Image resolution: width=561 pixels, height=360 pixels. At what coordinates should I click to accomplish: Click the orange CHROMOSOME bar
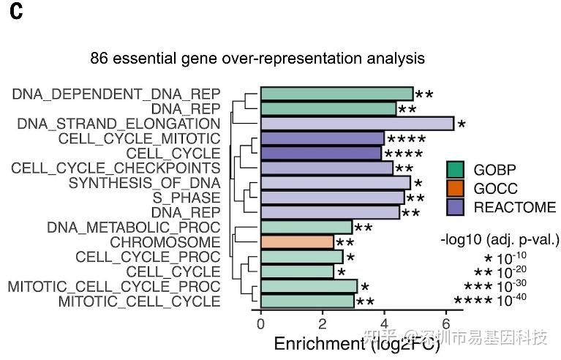(x=297, y=242)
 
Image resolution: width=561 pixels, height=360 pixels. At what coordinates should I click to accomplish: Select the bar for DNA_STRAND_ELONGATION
(x=357, y=124)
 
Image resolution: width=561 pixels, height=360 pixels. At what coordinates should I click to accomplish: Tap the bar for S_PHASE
(x=332, y=198)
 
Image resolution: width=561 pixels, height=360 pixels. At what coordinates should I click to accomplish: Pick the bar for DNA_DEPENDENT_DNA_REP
(x=336, y=94)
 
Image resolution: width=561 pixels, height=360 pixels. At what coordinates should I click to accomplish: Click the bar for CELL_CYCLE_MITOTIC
(x=323, y=138)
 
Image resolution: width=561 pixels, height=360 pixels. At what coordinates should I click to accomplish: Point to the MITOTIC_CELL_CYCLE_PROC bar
(x=309, y=286)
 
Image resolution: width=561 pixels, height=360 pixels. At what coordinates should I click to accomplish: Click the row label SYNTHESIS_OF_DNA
(x=144, y=183)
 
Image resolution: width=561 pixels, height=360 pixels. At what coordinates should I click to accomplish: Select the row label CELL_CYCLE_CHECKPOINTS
(x=116, y=168)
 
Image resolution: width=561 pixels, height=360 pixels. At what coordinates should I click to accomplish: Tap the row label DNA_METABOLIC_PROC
(x=133, y=228)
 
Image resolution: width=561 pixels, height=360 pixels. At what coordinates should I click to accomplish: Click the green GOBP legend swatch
(x=456, y=170)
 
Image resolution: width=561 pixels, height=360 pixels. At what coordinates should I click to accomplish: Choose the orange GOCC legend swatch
(x=456, y=189)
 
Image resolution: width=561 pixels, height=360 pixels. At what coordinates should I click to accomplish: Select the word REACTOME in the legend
(x=515, y=207)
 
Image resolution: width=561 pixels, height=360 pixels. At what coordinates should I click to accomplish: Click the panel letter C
(x=17, y=15)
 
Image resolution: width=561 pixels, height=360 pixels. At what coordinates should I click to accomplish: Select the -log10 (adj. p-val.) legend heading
(x=500, y=239)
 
